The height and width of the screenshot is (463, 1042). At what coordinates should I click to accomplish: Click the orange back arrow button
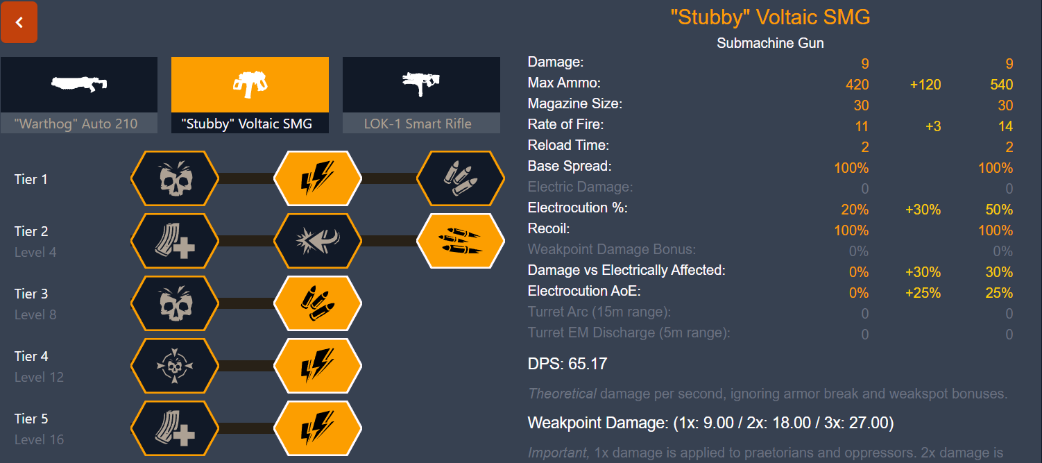(x=19, y=22)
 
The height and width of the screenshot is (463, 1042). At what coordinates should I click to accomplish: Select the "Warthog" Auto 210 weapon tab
(x=78, y=94)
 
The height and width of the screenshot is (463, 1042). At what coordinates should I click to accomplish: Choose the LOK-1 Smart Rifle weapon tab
(x=421, y=94)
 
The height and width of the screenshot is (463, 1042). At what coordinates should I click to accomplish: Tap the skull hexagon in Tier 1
(x=175, y=179)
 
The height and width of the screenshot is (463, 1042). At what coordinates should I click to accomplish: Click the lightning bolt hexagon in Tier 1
(x=318, y=179)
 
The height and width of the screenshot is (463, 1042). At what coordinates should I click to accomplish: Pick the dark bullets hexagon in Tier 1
(x=461, y=179)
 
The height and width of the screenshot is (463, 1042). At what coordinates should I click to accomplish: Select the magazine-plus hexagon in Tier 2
(x=175, y=241)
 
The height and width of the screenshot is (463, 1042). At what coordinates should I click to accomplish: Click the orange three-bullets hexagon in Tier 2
(x=461, y=241)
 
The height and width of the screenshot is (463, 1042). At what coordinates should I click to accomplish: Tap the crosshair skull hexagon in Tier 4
(x=175, y=365)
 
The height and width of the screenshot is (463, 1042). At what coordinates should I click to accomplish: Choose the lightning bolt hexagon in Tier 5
(x=318, y=427)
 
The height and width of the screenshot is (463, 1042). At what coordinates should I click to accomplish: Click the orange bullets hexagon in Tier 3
(x=318, y=303)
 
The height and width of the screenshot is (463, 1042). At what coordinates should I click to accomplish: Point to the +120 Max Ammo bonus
(x=925, y=85)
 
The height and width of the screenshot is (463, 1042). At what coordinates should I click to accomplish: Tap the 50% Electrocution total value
(x=999, y=210)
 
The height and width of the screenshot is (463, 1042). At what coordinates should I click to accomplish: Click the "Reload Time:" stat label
(x=568, y=146)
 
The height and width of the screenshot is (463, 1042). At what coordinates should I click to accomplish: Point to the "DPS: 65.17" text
(x=567, y=364)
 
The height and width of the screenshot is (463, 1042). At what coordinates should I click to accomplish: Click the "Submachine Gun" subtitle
(x=770, y=43)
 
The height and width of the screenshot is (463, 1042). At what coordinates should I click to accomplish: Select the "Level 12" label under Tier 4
(x=39, y=377)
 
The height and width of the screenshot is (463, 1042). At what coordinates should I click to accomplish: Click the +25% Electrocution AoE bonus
(x=923, y=293)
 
